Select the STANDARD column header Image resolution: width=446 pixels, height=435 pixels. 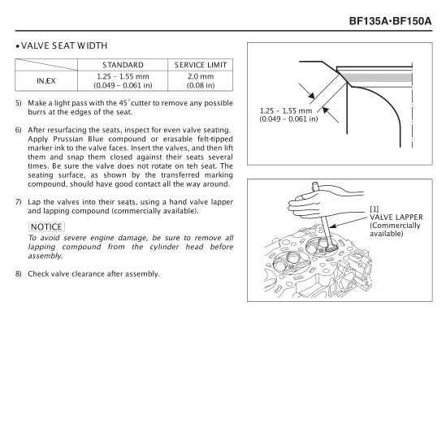[123, 65]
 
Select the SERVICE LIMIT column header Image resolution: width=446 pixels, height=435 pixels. [201, 65]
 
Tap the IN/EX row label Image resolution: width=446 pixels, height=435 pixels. [46, 80]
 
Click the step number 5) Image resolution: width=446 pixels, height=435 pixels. [19, 103]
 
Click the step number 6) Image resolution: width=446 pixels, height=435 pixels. [19, 130]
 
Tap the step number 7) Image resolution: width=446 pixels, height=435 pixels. [19, 201]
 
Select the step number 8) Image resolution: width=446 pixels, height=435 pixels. [19, 273]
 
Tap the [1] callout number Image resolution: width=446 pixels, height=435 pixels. [375, 209]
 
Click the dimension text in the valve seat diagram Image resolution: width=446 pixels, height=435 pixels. [289, 114]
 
